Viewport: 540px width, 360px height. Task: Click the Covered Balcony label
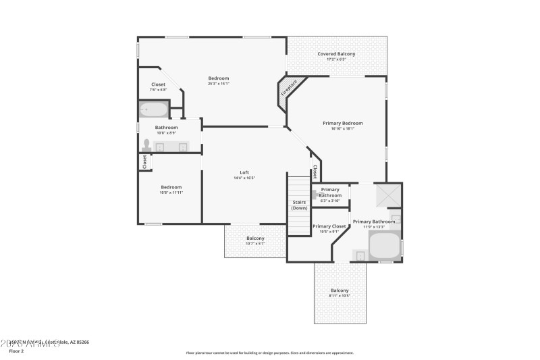point(336,54)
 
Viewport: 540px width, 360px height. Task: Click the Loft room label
point(244,172)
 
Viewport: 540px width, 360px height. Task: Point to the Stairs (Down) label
point(299,205)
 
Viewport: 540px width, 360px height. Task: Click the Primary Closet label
point(329,226)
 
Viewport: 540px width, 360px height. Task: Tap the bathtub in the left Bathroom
point(154,109)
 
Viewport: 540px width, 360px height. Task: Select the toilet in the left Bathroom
point(146,145)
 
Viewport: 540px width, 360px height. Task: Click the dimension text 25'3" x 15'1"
point(218,84)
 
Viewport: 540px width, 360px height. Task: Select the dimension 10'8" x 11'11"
point(171,192)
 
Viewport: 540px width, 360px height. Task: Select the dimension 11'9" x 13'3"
point(373,227)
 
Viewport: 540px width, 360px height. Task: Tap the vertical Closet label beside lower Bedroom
point(144,162)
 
